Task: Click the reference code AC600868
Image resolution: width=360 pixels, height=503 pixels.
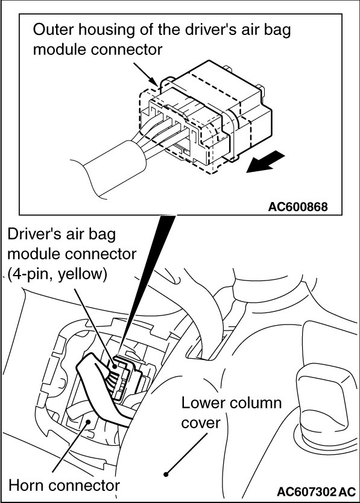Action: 298,207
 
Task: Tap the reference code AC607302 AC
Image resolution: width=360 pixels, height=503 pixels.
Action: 316,492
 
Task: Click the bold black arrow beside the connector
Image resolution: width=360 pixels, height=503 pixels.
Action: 265,162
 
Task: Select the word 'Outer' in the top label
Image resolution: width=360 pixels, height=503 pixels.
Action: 53,30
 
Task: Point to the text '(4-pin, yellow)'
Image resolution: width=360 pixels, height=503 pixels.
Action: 57,275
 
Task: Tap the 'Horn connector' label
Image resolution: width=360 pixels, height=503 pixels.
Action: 64,486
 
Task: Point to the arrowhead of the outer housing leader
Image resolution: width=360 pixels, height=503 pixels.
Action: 156,83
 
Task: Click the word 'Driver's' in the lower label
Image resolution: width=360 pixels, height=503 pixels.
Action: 34,234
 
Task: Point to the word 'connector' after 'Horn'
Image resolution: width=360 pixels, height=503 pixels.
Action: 88,486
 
